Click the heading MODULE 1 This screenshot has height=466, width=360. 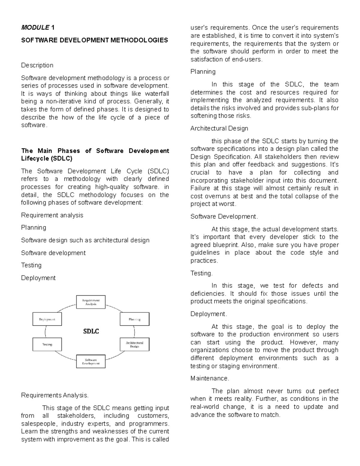tap(38, 28)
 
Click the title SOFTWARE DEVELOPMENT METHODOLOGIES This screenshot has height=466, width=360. tap(94, 40)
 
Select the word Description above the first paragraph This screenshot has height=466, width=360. tap(37, 65)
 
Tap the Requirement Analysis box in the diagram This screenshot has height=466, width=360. tap(91, 302)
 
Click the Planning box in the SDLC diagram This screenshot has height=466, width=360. tap(134, 319)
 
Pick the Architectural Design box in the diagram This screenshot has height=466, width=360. tap(134, 344)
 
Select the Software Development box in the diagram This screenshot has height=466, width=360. tap(91, 362)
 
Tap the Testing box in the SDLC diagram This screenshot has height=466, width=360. tap(47, 344)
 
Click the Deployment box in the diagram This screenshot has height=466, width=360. tap(47, 319)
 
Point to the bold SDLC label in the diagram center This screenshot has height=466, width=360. tap(91, 332)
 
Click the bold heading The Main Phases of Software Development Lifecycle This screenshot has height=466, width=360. tap(95, 155)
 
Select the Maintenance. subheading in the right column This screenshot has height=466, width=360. tap(210, 378)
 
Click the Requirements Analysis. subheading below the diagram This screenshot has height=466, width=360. tap(55, 395)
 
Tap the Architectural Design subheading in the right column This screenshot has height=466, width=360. tap(219, 128)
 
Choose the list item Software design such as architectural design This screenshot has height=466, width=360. tap(85, 240)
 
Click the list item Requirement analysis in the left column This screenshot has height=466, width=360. tap(52, 215)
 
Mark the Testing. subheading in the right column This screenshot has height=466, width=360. tap(202, 273)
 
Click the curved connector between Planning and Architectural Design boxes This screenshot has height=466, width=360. tap(134, 332)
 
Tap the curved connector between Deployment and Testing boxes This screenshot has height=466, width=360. tap(45, 332)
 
